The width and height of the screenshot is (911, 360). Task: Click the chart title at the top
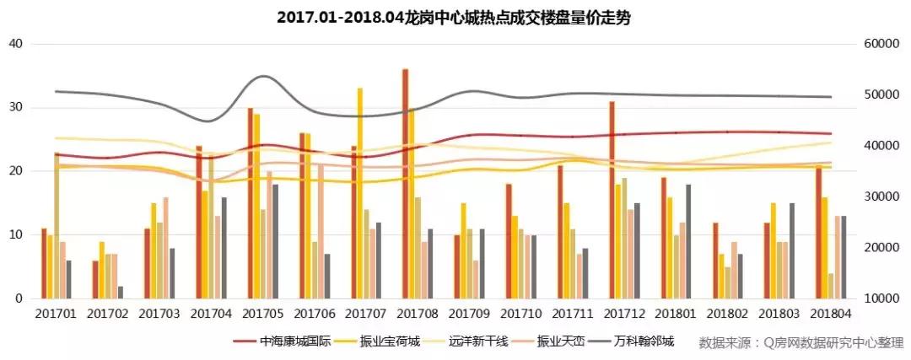pyautogui.click(x=454, y=17)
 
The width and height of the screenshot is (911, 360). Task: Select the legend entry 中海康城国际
pyautogui.click(x=288, y=342)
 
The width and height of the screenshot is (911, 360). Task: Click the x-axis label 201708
pyautogui.click(x=416, y=314)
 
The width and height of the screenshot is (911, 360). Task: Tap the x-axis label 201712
pyautogui.click(x=624, y=314)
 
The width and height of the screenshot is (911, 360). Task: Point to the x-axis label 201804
pyautogui.click(x=832, y=314)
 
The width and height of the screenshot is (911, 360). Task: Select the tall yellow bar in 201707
pyautogui.click(x=360, y=193)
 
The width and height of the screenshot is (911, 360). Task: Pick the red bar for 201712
pyautogui.click(x=612, y=200)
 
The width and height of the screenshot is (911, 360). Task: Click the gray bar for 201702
pyautogui.click(x=120, y=293)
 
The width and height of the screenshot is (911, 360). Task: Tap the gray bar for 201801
pyautogui.click(x=688, y=241)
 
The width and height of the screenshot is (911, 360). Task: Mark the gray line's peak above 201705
pyautogui.click(x=264, y=77)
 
